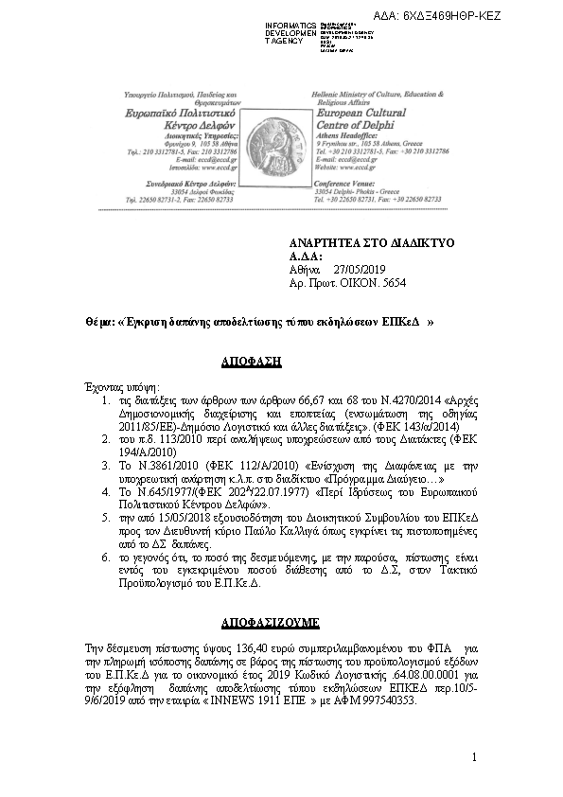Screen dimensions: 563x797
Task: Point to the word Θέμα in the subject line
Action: (98, 322)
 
